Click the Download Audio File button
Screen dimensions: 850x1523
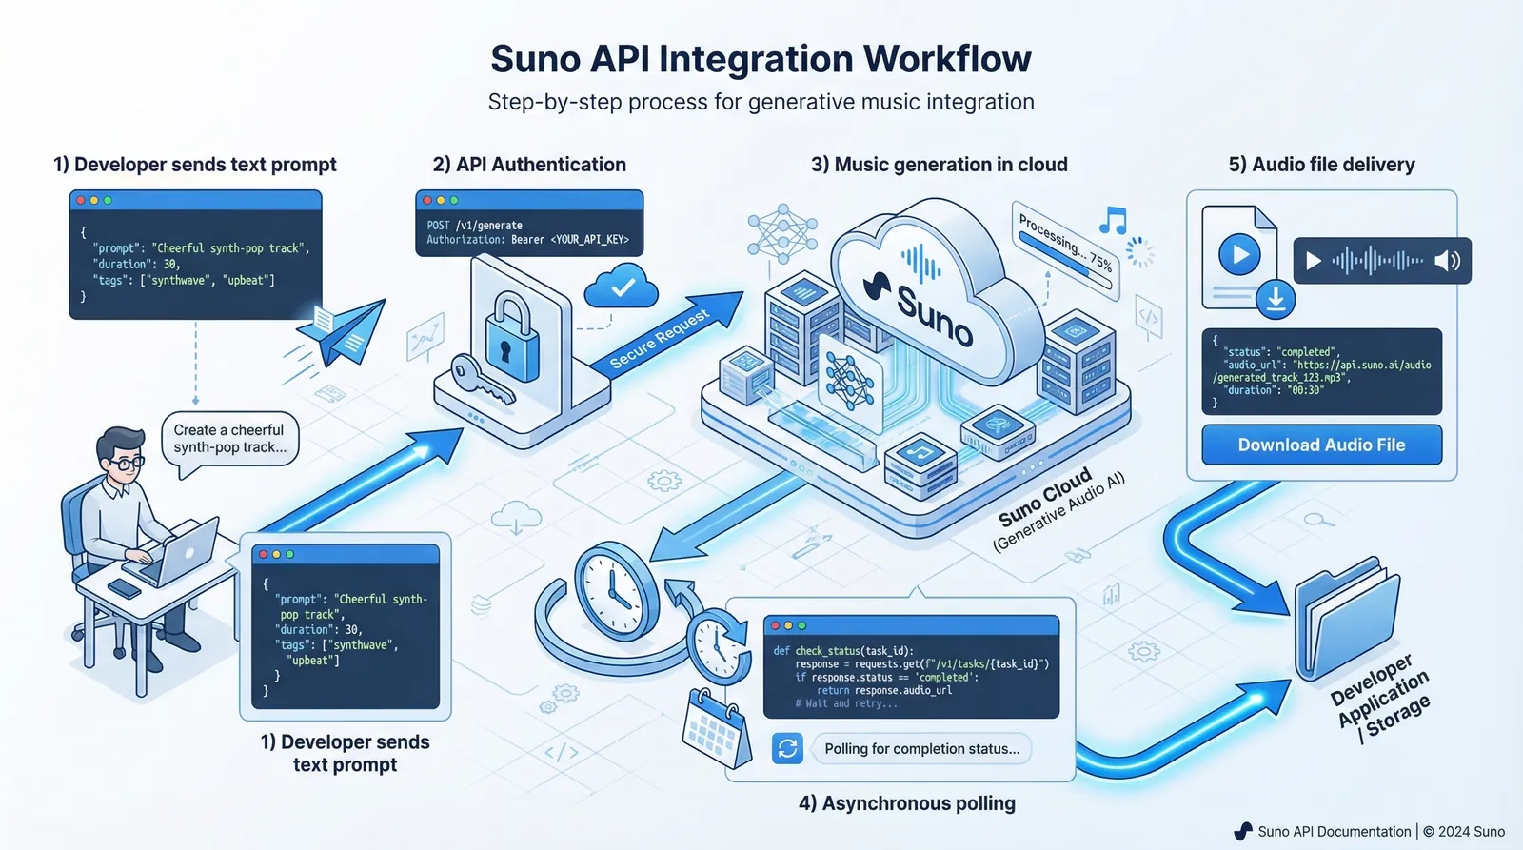point(1321,445)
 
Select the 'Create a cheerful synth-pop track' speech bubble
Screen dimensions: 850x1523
point(229,439)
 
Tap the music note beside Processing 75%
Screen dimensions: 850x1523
point(1113,221)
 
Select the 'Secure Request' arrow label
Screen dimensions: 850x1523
point(660,339)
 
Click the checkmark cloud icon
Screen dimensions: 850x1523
point(623,287)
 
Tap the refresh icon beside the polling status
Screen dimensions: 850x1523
point(787,749)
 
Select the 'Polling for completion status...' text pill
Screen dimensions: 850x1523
point(921,749)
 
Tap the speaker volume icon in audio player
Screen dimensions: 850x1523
point(1447,261)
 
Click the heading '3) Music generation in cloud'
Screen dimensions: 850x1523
point(939,165)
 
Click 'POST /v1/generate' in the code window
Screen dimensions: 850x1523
point(475,226)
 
